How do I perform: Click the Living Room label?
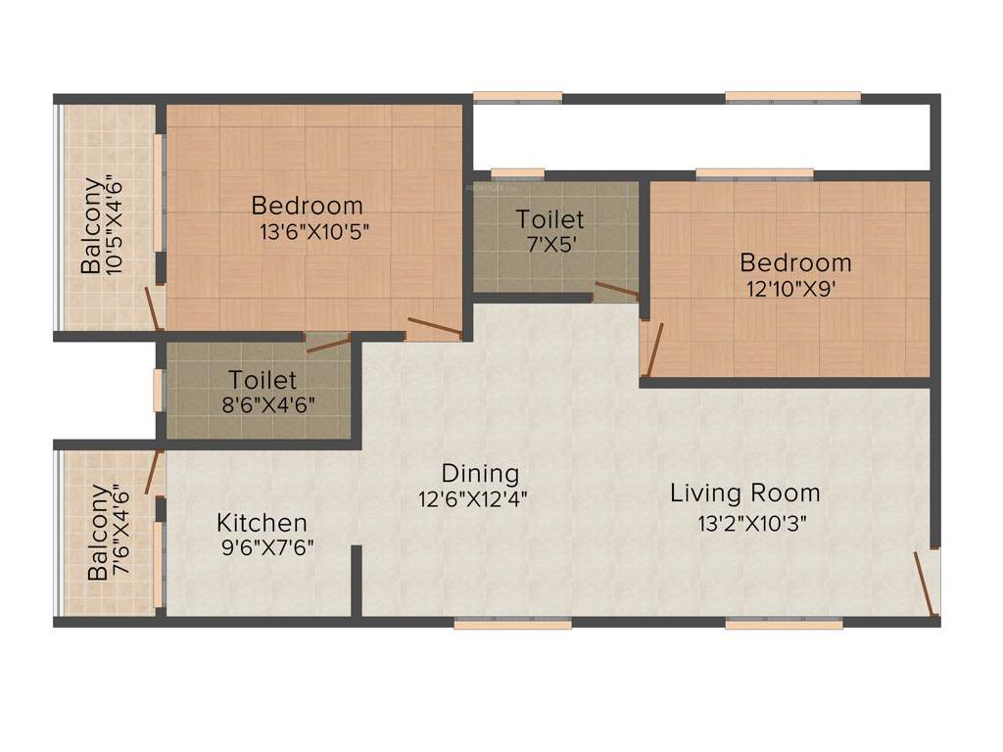pos(744,493)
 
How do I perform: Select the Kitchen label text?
pos(262,523)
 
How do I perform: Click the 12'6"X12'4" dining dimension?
pos(472,497)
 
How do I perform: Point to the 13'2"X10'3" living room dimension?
pos(751,523)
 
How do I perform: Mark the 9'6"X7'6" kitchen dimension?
pos(268,547)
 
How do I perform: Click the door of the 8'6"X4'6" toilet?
pos(328,342)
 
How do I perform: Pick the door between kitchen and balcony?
pos(153,472)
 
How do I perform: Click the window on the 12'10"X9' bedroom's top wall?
pos(754,174)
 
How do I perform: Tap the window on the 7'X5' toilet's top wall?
pos(517,174)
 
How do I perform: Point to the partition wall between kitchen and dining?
pos(357,583)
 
